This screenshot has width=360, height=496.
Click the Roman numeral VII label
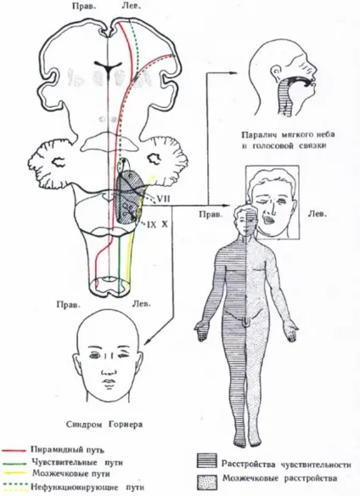coord(164,199)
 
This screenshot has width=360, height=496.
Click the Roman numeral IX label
coord(151,224)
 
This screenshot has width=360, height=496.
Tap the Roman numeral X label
coord(165,224)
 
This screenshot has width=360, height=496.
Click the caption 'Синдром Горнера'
coord(104,424)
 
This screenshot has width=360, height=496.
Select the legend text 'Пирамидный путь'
coord(67,449)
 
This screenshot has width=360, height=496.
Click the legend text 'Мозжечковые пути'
coord(71,474)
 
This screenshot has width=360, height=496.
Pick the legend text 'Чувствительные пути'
coord(77,462)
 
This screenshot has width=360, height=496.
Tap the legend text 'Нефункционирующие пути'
coord(87,487)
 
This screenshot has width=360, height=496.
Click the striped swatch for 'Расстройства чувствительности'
coord(207,461)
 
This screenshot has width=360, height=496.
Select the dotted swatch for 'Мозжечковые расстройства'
coord(207,482)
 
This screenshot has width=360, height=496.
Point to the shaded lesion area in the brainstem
coord(128,197)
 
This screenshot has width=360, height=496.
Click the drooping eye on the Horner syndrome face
coord(124,356)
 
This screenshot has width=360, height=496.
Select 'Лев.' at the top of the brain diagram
coord(131,6)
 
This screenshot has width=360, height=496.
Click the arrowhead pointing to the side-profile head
coord(233,73)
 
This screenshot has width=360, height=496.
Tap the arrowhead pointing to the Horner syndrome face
coord(147,342)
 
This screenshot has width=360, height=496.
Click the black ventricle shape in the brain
coord(109,67)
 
